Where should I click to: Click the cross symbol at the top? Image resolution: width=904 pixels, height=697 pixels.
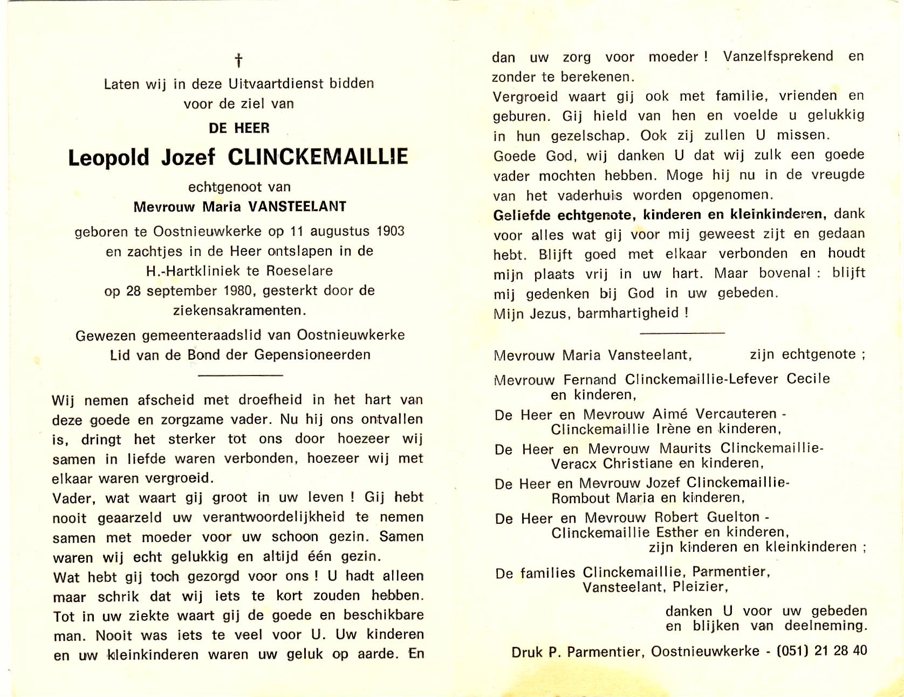pyautogui.click(x=238, y=60)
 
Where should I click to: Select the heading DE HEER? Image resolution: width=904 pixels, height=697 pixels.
pyautogui.click(x=239, y=128)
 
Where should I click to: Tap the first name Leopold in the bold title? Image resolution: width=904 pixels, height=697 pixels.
pyautogui.click(x=108, y=158)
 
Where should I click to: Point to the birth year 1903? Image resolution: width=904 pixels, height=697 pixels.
pyautogui.click(x=390, y=231)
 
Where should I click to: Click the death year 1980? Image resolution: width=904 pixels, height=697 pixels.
pyautogui.click(x=238, y=291)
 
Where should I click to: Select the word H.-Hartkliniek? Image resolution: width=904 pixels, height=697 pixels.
pyautogui.click(x=193, y=271)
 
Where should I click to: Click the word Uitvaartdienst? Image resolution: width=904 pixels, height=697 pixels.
pyautogui.click(x=276, y=84)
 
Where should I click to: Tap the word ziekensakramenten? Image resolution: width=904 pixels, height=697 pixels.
pyautogui.click(x=239, y=311)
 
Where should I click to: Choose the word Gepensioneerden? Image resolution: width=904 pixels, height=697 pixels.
pyautogui.click(x=312, y=355)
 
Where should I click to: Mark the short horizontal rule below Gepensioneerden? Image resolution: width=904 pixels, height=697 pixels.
pyautogui.click(x=240, y=375)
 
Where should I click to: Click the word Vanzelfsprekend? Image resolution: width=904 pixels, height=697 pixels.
pyautogui.click(x=778, y=57)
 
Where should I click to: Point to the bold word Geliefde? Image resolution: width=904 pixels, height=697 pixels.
pyautogui.click(x=522, y=215)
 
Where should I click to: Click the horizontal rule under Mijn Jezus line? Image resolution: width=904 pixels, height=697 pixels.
pyautogui.click(x=682, y=333)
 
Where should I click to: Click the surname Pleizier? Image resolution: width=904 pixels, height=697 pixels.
pyautogui.click(x=700, y=587)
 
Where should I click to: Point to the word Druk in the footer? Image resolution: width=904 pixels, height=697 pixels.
pyautogui.click(x=527, y=652)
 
